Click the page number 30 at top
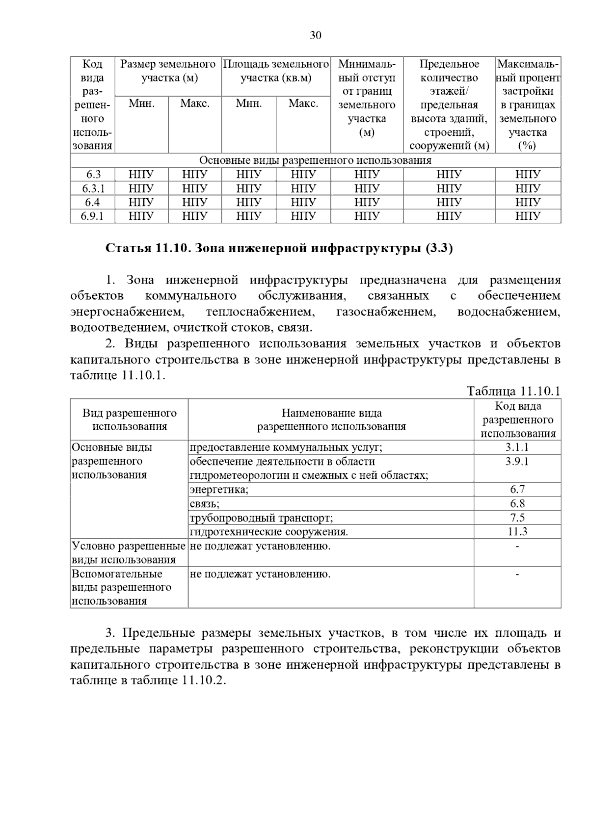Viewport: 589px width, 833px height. click(316, 35)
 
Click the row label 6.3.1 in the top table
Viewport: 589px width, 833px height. click(92, 188)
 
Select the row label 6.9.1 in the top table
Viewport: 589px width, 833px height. click(92, 216)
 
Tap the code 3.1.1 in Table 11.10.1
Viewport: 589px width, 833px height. click(517, 447)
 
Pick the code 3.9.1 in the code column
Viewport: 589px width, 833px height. click(517, 461)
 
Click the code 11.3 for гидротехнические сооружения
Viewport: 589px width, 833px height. click(517, 531)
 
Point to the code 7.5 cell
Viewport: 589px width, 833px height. click(517, 517)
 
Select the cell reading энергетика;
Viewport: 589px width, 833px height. click(219, 489)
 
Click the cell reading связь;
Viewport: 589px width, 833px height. click(205, 503)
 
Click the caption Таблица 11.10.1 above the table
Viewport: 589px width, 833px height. click(513, 391)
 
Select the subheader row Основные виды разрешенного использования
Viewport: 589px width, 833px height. click(315, 160)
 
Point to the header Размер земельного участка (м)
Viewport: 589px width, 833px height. click(168, 71)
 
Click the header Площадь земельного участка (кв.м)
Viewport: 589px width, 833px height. click(276, 71)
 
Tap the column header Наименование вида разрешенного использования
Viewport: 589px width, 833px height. click(331, 419)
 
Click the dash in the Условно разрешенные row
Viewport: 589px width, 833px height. click(517, 546)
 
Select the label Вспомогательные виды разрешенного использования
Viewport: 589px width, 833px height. click(122, 587)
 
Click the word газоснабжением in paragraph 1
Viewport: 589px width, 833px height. click(386, 312)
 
